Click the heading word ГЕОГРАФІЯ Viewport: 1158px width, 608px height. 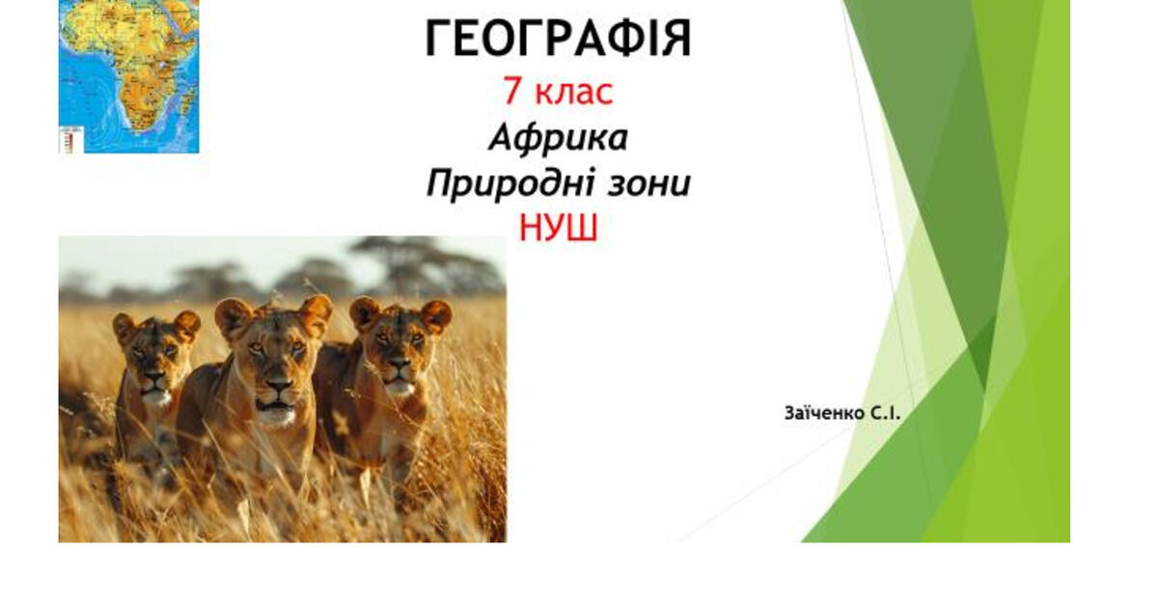pos(559,40)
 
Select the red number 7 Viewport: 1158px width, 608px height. pos(511,93)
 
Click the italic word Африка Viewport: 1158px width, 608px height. pos(558,138)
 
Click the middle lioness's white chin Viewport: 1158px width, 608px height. pos(278,417)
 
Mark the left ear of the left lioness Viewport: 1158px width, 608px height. pos(124,326)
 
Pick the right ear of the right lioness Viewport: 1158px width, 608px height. pos(436,315)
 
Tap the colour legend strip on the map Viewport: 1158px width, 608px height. pos(67,141)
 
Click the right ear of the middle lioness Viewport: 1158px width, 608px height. pos(316,311)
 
